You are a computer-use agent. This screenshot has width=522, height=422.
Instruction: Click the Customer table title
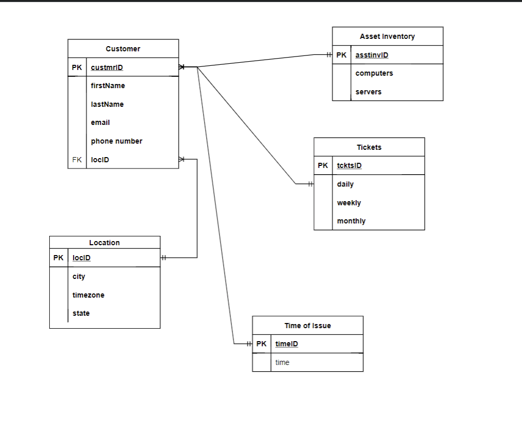click(x=123, y=49)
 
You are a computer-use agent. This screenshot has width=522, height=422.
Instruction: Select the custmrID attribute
click(x=107, y=67)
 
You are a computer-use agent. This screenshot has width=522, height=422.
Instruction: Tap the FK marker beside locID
click(x=77, y=160)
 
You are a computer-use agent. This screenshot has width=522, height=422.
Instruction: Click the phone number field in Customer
click(x=117, y=141)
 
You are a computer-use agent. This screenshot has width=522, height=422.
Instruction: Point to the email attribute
click(x=100, y=122)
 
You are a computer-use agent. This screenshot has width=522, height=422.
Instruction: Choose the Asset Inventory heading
click(x=387, y=36)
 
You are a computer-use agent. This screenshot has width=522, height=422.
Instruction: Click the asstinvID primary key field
click(x=372, y=55)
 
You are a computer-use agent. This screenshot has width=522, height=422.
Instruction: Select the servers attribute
click(x=368, y=92)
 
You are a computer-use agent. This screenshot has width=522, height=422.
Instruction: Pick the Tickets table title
click(x=369, y=147)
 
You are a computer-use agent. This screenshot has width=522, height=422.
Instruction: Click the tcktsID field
click(x=349, y=166)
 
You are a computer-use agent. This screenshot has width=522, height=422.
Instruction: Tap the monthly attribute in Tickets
click(x=351, y=221)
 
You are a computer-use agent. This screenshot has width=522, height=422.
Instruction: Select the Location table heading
click(x=104, y=243)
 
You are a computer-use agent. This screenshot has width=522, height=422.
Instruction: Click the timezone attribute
click(x=88, y=295)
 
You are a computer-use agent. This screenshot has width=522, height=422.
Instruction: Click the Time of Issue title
click(x=308, y=326)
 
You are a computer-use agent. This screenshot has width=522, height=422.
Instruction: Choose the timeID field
click(x=286, y=344)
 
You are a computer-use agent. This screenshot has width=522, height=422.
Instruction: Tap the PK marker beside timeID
click(x=262, y=344)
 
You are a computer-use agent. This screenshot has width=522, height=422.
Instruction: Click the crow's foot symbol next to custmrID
click(x=181, y=67)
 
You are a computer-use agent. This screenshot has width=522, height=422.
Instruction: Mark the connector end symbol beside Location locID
click(x=164, y=258)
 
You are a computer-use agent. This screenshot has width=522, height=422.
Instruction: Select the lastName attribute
click(x=107, y=104)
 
